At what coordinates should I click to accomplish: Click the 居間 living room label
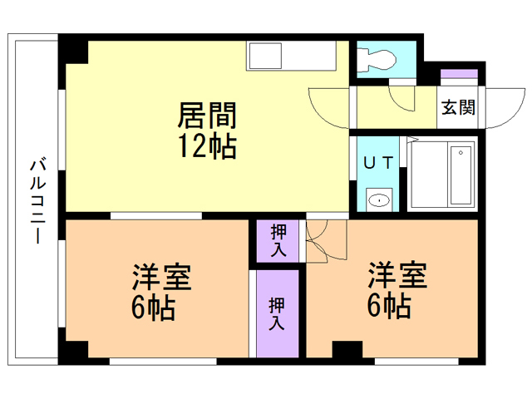pyautogui.click(x=207, y=115)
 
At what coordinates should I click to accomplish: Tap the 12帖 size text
pyautogui.click(x=207, y=146)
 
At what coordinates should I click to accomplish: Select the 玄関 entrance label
pyautogui.click(x=458, y=107)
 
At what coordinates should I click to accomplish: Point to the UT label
pyautogui.click(x=378, y=163)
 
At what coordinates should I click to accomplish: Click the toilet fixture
pyautogui.click(x=377, y=61)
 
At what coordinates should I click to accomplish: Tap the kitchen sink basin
pyautogui.click(x=266, y=56)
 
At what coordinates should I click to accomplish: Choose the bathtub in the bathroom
pyautogui.click(x=461, y=175)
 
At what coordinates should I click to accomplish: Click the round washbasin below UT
pyautogui.click(x=379, y=200)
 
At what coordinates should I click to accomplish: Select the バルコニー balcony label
pyautogui.click(x=38, y=200)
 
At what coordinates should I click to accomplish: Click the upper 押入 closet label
pyautogui.click(x=278, y=240)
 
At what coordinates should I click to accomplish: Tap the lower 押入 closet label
pyautogui.click(x=277, y=314)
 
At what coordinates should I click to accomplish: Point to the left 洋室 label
pyautogui.click(x=161, y=277)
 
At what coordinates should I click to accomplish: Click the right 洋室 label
pyautogui.click(x=397, y=275)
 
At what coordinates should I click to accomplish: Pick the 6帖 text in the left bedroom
pyautogui.click(x=153, y=308)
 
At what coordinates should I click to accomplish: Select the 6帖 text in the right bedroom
pyautogui.click(x=389, y=305)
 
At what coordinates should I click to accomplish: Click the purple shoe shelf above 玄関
pyautogui.click(x=459, y=74)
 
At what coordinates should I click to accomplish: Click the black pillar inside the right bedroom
pyautogui.click(x=347, y=349)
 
